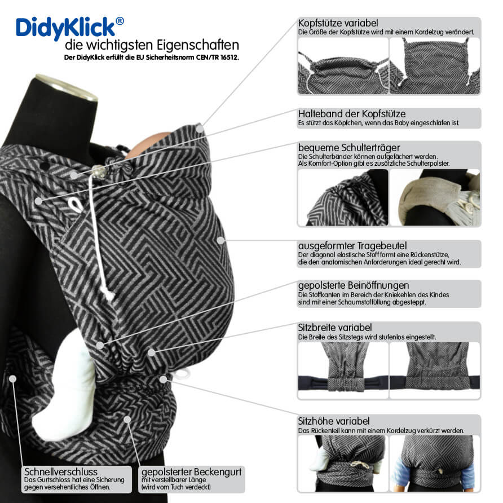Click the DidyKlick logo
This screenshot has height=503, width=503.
65,27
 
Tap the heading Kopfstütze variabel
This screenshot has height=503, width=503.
338,23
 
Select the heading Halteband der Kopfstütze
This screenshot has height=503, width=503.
352,114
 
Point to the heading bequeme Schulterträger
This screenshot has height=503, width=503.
349,147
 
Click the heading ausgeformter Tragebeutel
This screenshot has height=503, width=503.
352,246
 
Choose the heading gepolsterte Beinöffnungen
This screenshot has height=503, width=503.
353,285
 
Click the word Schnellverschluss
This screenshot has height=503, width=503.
61,471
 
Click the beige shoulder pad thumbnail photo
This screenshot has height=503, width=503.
435,197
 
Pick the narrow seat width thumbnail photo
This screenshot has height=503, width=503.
343,367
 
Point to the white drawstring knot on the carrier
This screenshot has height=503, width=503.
107,293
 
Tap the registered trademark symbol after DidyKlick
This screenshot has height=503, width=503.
120,21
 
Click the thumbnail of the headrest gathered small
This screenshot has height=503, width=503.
343,67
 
